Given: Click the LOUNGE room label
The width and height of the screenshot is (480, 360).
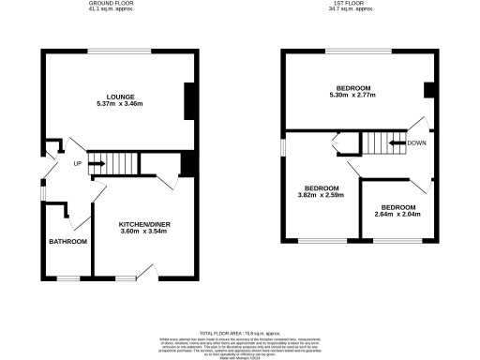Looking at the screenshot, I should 119,96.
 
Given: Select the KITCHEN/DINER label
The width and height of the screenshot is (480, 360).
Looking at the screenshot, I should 143,225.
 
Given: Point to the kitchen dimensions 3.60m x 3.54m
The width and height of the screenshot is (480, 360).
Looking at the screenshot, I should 143,232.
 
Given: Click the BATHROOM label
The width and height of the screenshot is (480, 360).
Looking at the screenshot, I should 67,242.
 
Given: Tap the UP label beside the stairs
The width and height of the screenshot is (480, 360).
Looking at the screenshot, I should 77,164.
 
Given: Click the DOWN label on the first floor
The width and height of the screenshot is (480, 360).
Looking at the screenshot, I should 417,143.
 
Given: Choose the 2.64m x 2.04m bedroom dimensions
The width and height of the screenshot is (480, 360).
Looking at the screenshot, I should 397,214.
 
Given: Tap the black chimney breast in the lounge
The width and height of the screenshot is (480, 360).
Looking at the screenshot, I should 188,101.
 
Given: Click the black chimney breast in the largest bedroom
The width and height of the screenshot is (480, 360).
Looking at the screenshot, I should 428,90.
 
